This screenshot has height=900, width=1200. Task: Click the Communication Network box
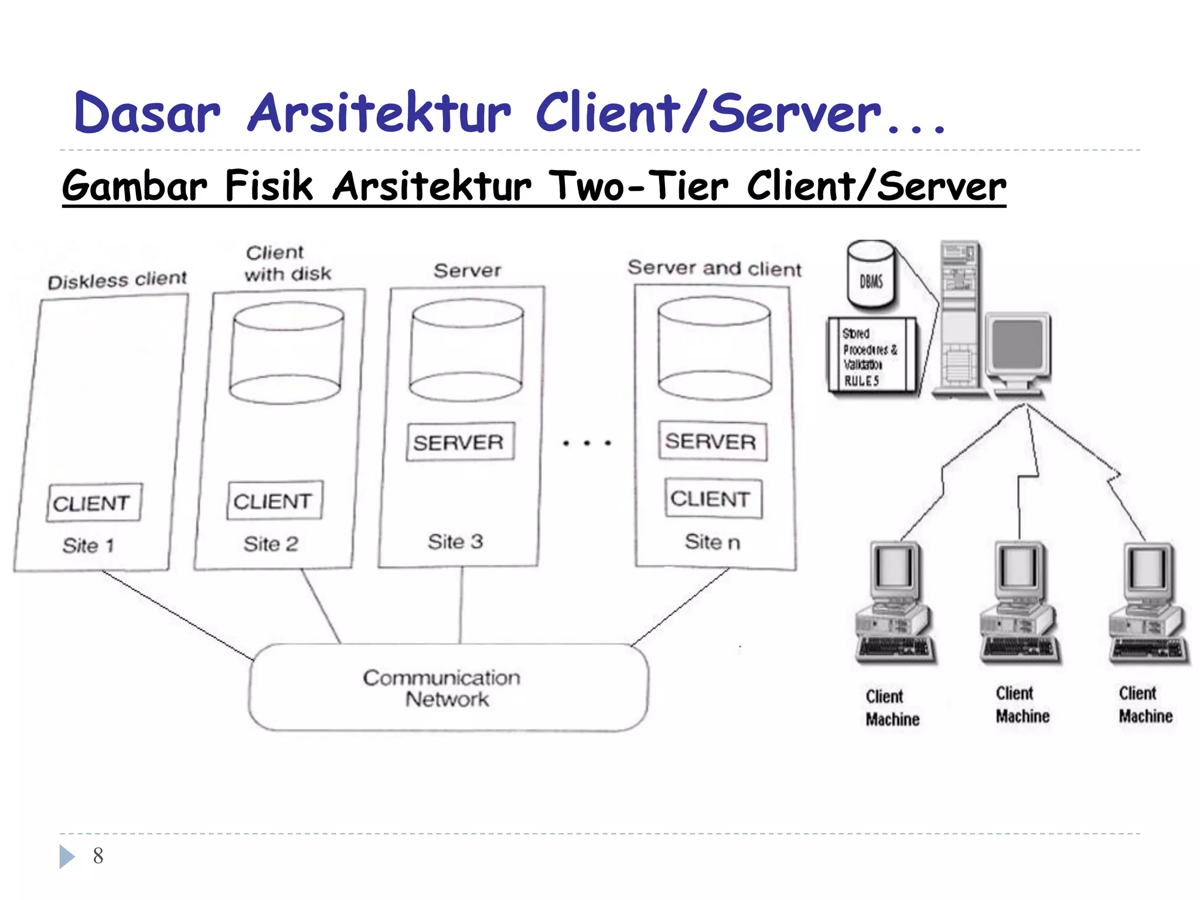[x=448, y=687]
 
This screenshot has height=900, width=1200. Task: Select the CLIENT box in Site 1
[x=94, y=503]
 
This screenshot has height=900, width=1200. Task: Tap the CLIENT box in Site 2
[x=274, y=501]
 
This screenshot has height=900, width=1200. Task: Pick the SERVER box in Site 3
[x=460, y=442]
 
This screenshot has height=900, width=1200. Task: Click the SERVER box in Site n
[x=712, y=441]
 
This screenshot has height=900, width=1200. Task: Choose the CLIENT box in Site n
[x=712, y=499]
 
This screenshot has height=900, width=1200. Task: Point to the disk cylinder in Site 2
[x=287, y=353]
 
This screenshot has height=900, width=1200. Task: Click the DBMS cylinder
[x=871, y=275]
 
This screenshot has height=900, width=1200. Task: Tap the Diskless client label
[x=117, y=280]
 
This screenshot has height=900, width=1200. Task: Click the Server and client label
[x=714, y=268]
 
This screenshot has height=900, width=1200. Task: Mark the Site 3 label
[x=455, y=542]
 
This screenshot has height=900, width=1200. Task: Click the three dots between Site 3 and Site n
[x=587, y=444]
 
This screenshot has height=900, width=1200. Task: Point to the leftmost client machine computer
[x=895, y=604]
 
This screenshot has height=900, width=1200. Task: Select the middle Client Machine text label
[x=1022, y=705]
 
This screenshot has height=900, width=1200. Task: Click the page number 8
[x=98, y=856]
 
